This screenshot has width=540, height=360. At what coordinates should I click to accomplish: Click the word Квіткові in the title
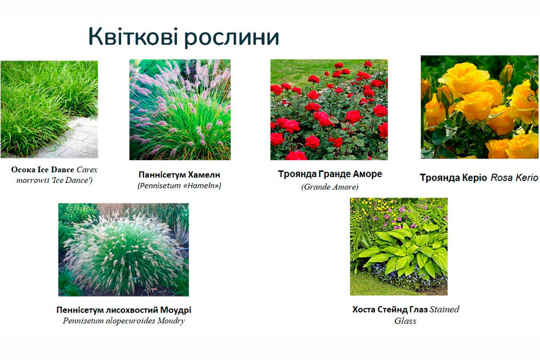[133, 36]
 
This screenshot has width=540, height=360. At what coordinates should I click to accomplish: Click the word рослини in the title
[232, 38]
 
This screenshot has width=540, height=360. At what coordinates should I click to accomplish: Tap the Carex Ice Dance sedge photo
[49, 109]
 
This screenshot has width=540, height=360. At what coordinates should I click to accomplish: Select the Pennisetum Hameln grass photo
[180, 110]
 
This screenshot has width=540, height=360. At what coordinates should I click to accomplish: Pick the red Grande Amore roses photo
[329, 110]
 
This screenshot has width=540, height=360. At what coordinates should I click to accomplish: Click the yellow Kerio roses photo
[479, 107]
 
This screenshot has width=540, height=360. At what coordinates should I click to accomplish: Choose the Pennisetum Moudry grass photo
[123, 250]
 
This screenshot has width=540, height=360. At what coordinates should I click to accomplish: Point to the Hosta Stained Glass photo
[399, 247]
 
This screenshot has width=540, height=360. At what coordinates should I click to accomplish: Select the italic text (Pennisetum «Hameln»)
[179, 185]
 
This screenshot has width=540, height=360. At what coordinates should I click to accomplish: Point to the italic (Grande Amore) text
[330, 187]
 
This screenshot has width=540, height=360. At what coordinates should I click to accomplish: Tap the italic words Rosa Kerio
[514, 178]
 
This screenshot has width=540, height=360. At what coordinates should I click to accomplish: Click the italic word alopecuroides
[131, 321]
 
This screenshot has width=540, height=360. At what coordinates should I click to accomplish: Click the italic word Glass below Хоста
[406, 321]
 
